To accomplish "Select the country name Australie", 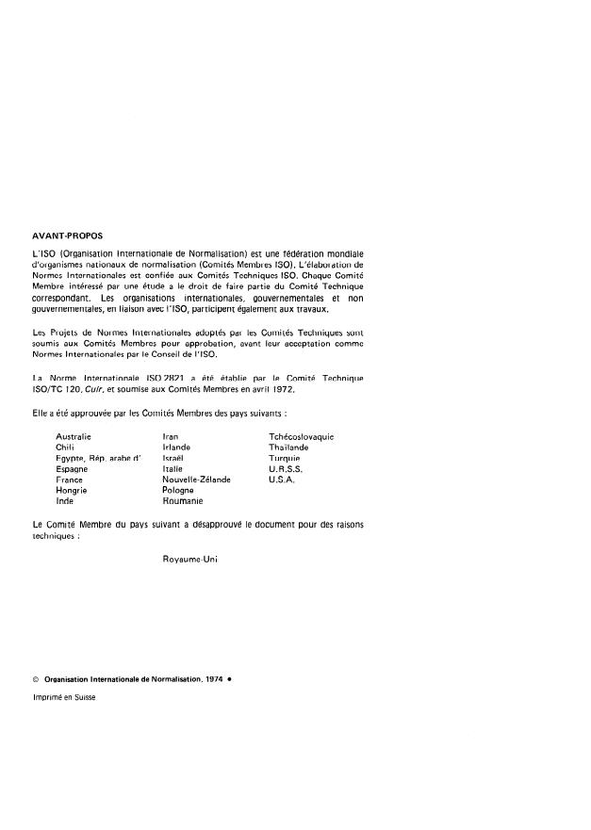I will (74, 437).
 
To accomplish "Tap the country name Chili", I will (65, 448).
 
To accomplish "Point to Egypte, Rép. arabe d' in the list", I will (99, 458).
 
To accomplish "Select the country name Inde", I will (65, 500).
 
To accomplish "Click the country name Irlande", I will (178, 448).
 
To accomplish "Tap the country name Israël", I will (174, 458).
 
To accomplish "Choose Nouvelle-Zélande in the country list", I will (196, 480).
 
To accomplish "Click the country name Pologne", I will (179, 490).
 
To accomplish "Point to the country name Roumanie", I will (183, 500).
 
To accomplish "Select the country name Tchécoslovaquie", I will (303, 437).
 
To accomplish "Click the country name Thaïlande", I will (288, 448).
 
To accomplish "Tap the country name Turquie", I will (284, 458).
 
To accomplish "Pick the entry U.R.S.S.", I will (285, 468).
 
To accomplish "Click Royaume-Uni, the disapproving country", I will (189, 559).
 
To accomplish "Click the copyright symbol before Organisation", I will (35, 678).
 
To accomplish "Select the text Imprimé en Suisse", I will (63, 698).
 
